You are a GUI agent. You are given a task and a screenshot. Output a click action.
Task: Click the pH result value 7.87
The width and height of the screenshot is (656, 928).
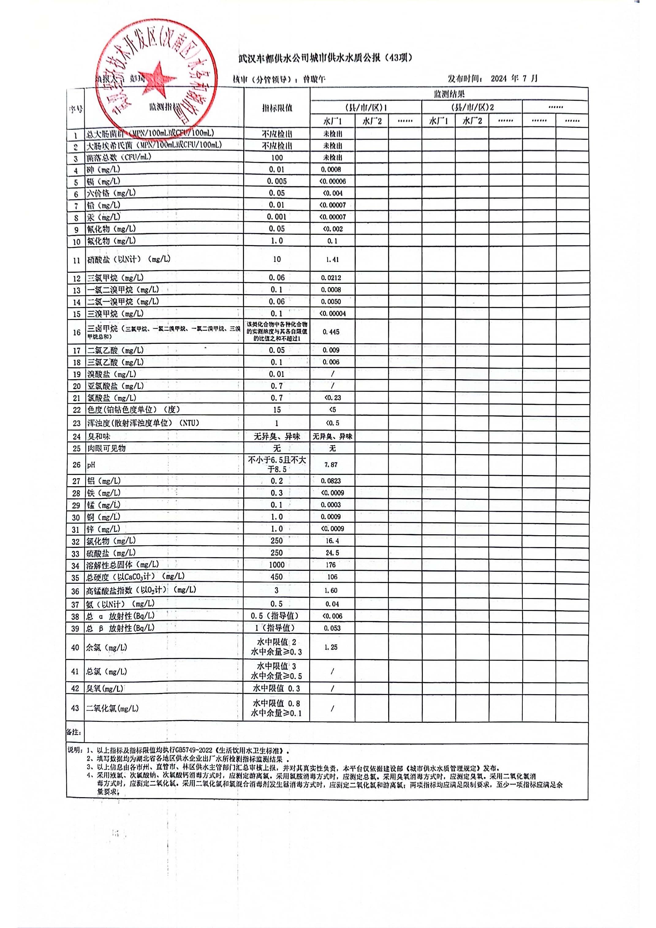coord(331,465)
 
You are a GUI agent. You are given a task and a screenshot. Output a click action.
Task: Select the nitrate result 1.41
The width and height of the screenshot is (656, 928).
coord(332,259)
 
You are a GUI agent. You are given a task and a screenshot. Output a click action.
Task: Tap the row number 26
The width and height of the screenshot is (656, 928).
coord(76,465)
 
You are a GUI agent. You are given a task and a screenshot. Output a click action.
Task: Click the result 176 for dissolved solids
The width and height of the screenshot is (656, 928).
coord(331,565)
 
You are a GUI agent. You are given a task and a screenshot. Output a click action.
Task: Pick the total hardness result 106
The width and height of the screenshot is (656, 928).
coord(332,577)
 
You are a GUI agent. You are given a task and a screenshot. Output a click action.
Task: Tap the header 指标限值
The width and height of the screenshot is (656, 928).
coord(277,108)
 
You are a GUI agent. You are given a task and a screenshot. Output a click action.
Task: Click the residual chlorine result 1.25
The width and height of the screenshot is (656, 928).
coord(331,647)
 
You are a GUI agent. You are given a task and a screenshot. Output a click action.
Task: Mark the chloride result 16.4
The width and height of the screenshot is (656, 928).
coord(332,541)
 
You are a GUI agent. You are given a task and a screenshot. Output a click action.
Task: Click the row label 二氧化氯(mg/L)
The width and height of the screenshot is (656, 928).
coord(112,709)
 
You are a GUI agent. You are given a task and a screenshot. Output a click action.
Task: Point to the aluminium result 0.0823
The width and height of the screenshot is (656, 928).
coord(331,481)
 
